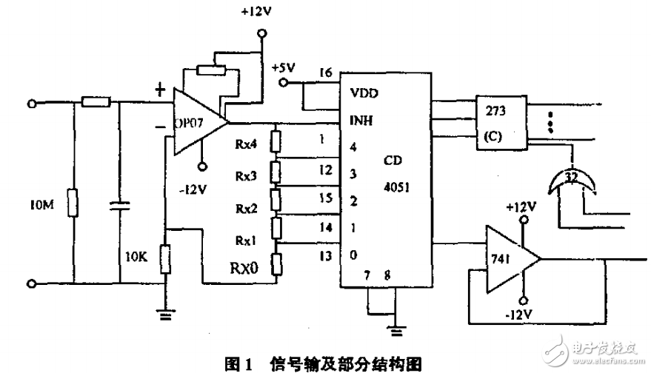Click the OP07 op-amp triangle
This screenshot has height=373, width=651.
[195, 121]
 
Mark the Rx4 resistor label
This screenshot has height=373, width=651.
[247, 146]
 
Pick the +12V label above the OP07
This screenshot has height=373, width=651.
[256, 13]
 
